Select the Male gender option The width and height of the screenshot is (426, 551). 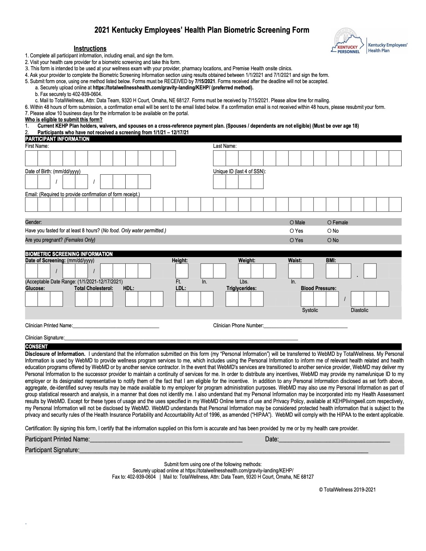click(292, 223)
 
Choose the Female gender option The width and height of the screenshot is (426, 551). click(329, 223)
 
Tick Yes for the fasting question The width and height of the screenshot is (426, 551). click(292, 231)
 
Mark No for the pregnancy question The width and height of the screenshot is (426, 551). click(329, 240)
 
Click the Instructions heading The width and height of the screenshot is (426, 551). click(90, 49)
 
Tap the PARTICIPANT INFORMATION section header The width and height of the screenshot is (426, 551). click(57, 139)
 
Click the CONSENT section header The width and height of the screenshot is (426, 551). click(37, 347)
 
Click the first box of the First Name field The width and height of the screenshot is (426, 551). click(31, 159)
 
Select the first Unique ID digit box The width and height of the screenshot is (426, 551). click(219, 182)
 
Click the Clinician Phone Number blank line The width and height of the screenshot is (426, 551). click(306, 326)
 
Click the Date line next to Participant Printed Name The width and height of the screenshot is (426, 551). click(334, 440)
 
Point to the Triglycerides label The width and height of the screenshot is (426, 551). click(241, 288)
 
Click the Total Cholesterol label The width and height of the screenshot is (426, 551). click(94, 288)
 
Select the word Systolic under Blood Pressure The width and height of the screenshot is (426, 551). click(310, 310)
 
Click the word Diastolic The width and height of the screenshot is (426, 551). click(359, 310)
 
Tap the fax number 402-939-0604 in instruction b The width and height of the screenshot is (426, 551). click(87, 94)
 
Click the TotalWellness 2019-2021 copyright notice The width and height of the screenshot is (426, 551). click(347, 490)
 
